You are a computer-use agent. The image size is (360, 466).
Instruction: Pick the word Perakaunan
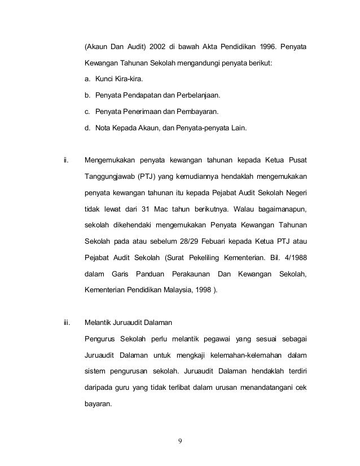click(186, 275)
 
